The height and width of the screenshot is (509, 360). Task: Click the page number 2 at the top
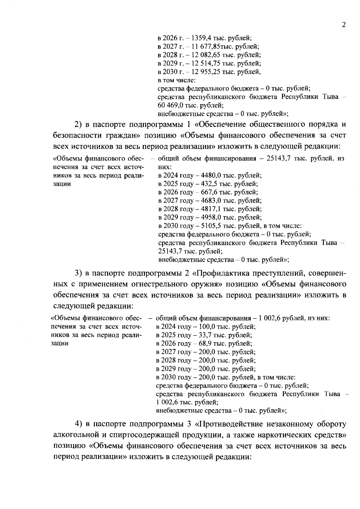(344, 25)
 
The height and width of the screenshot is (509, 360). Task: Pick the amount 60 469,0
(170, 105)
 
